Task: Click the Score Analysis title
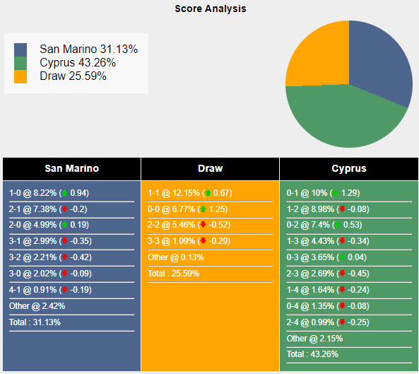pyautogui.click(x=211, y=9)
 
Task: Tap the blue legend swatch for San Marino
pyautogui.click(x=21, y=49)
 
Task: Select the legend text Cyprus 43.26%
pyautogui.click(x=78, y=63)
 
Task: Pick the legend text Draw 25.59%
pyautogui.click(x=73, y=76)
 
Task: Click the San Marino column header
pyautogui.click(x=71, y=169)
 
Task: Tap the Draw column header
pyautogui.click(x=210, y=169)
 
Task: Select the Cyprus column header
pyautogui.click(x=348, y=169)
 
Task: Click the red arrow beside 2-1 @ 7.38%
pyautogui.click(x=65, y=209)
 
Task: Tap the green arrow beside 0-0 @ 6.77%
pyautogui.click(x=203, y=209)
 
